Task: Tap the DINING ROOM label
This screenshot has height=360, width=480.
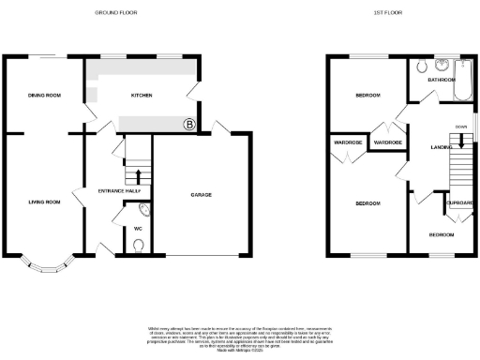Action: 44,96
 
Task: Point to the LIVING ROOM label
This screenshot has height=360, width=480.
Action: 43,202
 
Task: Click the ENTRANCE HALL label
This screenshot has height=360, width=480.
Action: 119,191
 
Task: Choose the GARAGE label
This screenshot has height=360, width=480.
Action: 201,195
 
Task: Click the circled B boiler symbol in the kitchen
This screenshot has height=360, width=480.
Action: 188,124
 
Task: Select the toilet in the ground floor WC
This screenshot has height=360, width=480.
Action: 139,247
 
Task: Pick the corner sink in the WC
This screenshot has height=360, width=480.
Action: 130,212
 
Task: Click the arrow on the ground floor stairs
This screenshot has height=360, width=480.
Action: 138,175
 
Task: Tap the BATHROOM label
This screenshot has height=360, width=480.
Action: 441,80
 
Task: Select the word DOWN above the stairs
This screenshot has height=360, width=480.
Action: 460,126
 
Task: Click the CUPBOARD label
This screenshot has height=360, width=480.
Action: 459,202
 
